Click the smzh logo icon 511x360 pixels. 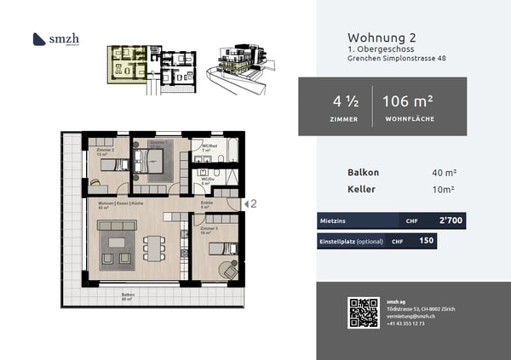[x=38, y=38]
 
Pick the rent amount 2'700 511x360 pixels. [x=452, y=220]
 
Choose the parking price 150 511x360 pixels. [x=428, y=241]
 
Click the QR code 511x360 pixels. [x=363, y=313]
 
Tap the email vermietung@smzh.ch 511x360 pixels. [x=410, y=316]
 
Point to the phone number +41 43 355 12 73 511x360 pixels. [x=406, y=323]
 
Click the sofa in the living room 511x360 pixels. [x=116, y=225]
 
